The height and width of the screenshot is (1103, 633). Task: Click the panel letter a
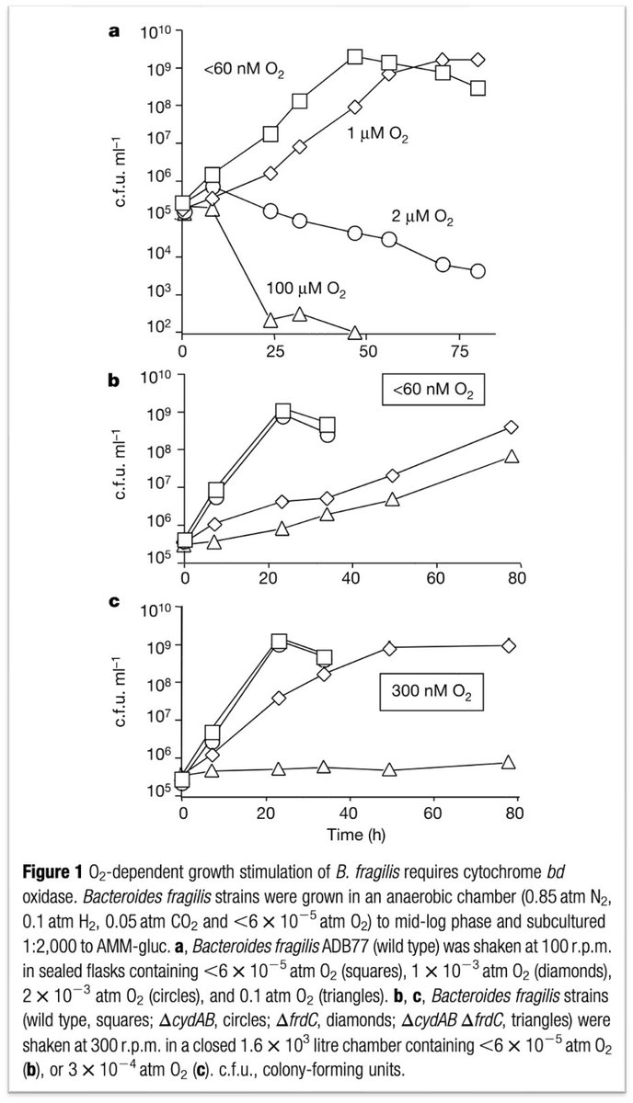click(114, 32)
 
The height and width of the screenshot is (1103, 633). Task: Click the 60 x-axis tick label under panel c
click(432, 813)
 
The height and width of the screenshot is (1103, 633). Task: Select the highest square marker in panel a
click(355, 57)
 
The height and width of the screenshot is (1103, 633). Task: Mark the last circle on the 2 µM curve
click(478, 270)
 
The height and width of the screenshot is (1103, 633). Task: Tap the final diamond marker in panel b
click(512, 426)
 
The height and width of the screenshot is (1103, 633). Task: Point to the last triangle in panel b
click(512, 456)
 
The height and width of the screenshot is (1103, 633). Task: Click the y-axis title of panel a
click(121, 171)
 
